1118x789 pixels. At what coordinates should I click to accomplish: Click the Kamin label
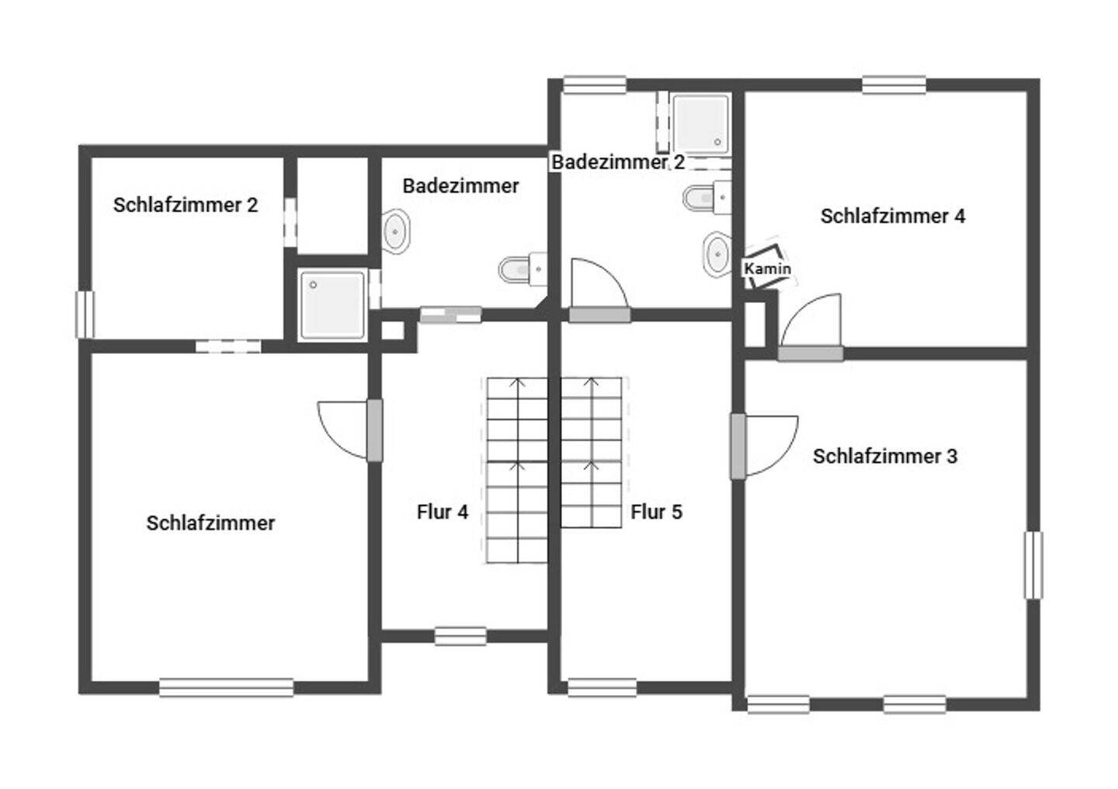[767, 269]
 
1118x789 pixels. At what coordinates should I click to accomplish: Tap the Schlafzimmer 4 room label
[892, 216]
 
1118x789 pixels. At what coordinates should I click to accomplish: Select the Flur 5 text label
[656, 512]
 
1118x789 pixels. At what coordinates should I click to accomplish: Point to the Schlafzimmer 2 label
[185, 205]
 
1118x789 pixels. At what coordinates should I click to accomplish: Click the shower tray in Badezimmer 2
[700, 123]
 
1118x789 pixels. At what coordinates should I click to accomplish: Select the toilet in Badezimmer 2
[707, 197]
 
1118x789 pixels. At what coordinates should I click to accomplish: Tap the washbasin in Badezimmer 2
[717, 253]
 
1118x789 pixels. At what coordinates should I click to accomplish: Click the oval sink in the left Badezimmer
[397, 231]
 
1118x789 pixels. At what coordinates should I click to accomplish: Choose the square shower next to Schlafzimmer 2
[332, 304]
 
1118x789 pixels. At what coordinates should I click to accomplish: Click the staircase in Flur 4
[516, 470]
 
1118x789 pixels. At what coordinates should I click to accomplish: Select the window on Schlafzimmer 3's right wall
[1033, 565]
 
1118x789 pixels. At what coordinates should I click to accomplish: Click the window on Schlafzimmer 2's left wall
[85, 314]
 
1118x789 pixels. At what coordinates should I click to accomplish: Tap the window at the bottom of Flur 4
[460, 636]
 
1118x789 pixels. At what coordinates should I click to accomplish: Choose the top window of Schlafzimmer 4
[894, 85]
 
